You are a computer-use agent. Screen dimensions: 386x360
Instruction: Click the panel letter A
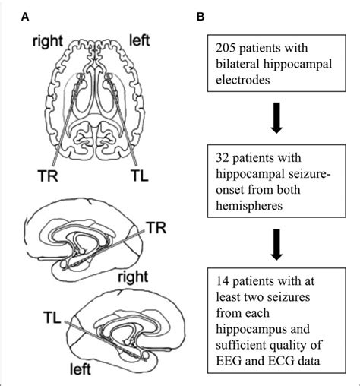27,16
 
